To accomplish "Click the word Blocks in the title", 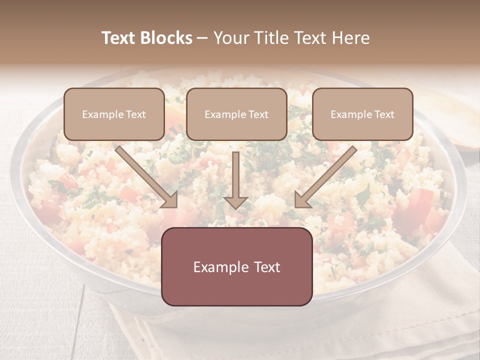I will tap(167, 38).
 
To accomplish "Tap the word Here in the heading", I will tap(350, 38).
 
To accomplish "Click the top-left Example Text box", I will tap(114, 114).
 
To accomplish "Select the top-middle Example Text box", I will tap(236, 114).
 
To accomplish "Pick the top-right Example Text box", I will tap(362, 114).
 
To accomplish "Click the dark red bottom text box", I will tap(236, 266).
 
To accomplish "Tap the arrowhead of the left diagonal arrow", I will tap(169, 199).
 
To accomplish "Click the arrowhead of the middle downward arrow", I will tap(236, 202).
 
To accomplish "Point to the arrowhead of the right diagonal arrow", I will tap(302, 199).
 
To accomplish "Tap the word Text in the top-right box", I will tap(384, 114).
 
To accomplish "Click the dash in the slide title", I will tap(202, 38).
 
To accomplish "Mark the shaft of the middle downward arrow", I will tap(236, 172).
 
